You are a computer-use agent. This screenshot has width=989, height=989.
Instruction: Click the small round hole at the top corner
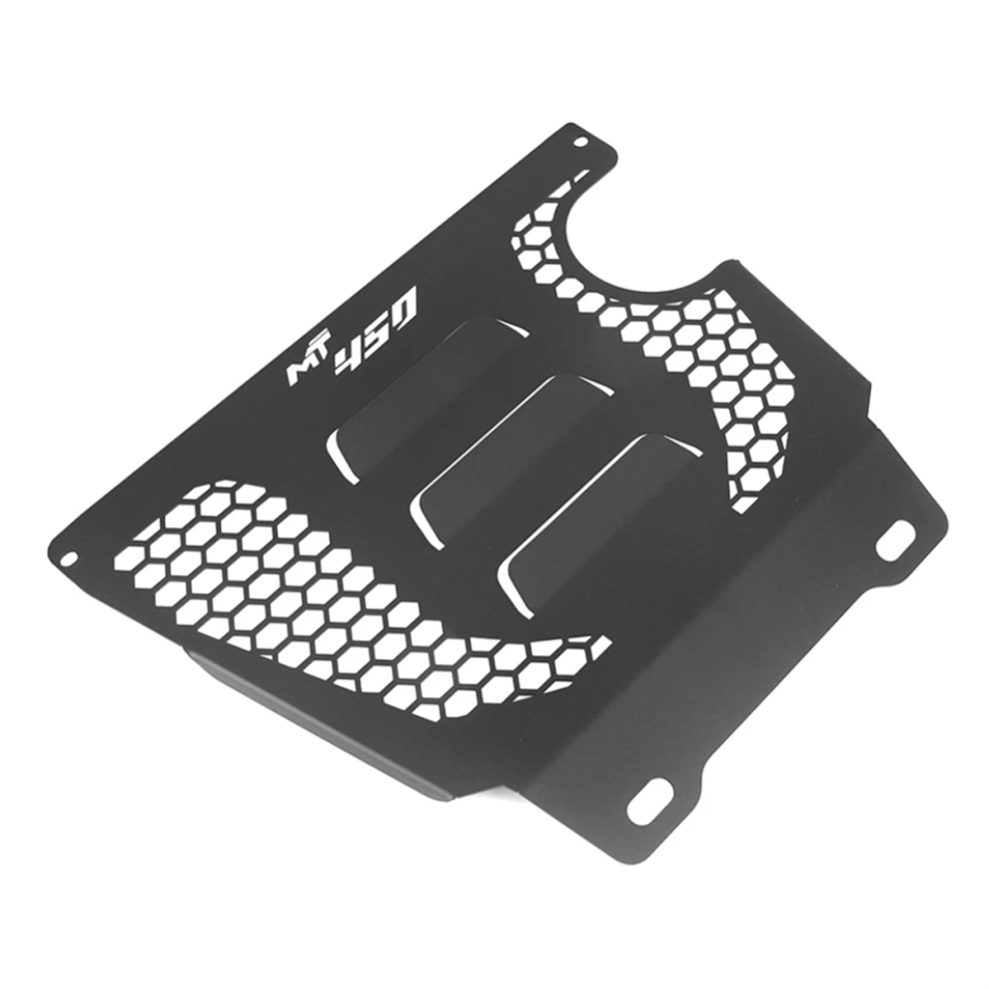580,142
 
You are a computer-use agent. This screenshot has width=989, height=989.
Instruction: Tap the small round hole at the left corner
69,558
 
